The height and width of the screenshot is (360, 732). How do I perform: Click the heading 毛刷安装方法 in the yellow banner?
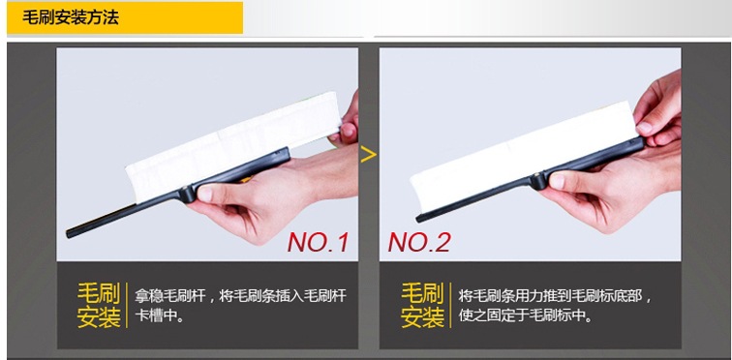(x=71, y=17)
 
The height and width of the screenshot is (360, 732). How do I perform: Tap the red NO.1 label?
(x=319, y=242)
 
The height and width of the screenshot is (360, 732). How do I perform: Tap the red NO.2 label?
(x=419, y=242)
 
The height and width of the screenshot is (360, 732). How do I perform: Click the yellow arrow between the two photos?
(x=368, y=154)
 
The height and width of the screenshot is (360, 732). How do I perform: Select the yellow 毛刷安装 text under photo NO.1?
(x=99, y=305)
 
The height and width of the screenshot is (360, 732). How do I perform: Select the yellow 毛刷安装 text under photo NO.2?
(x=422, y=305)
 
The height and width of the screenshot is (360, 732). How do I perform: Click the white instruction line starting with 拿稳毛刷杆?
(x=241, y=296)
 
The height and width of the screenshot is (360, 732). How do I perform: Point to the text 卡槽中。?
(x=159, y=315)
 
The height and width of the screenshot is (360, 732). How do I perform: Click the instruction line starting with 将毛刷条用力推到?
(x=556, y=296)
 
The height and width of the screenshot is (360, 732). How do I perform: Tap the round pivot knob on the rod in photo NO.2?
(x=539, y=180)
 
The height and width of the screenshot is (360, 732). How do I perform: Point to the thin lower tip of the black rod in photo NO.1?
(x=69, y=233)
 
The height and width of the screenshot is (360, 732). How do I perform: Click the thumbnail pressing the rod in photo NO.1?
(x=205, y=194)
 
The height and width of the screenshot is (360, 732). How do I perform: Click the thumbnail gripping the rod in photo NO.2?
(x=557, y=181)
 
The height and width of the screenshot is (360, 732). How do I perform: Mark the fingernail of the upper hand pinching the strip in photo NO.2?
(x=644, y=128)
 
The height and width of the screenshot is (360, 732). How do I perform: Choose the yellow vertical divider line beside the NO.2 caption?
(x=450, y=305)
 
